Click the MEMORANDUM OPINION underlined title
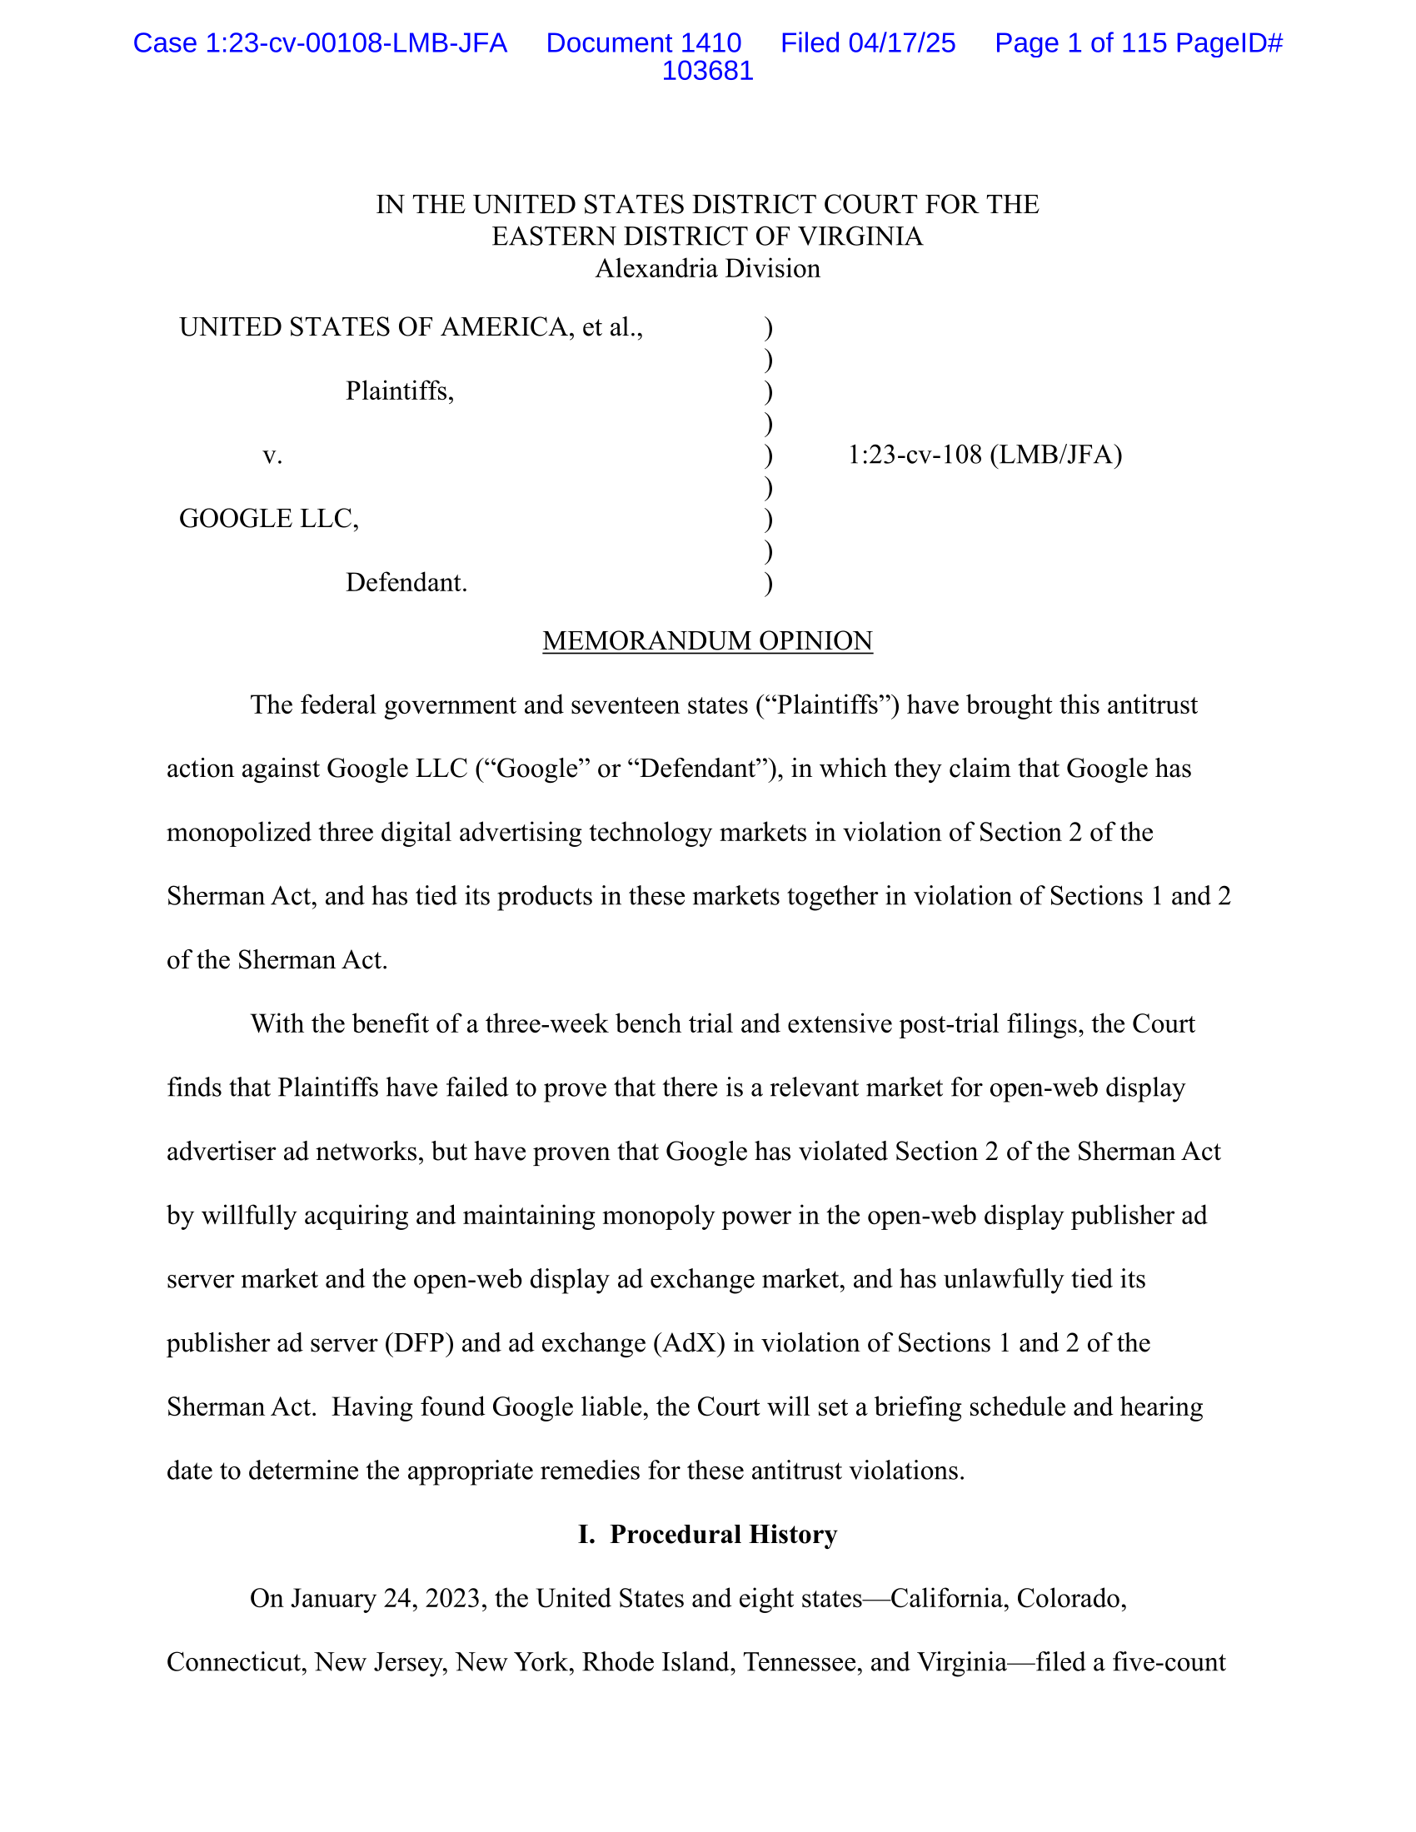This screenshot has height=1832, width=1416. point(707,641)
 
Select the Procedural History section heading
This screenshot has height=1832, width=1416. point(707,1534)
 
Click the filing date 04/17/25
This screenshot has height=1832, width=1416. point(902,42)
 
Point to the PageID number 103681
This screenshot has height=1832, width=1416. point(707,71)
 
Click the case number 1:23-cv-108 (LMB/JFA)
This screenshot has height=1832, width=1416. point(985,455)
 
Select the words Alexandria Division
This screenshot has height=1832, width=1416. point(707,268)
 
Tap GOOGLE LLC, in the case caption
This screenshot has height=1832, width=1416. point(268,519)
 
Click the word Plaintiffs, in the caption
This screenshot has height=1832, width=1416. point(399,391)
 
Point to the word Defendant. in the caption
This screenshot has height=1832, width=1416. point(406,582)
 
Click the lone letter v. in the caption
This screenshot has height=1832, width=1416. point(272,455)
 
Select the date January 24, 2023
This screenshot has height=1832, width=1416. point(388,1598)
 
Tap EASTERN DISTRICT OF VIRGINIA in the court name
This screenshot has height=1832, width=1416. point(707,236)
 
